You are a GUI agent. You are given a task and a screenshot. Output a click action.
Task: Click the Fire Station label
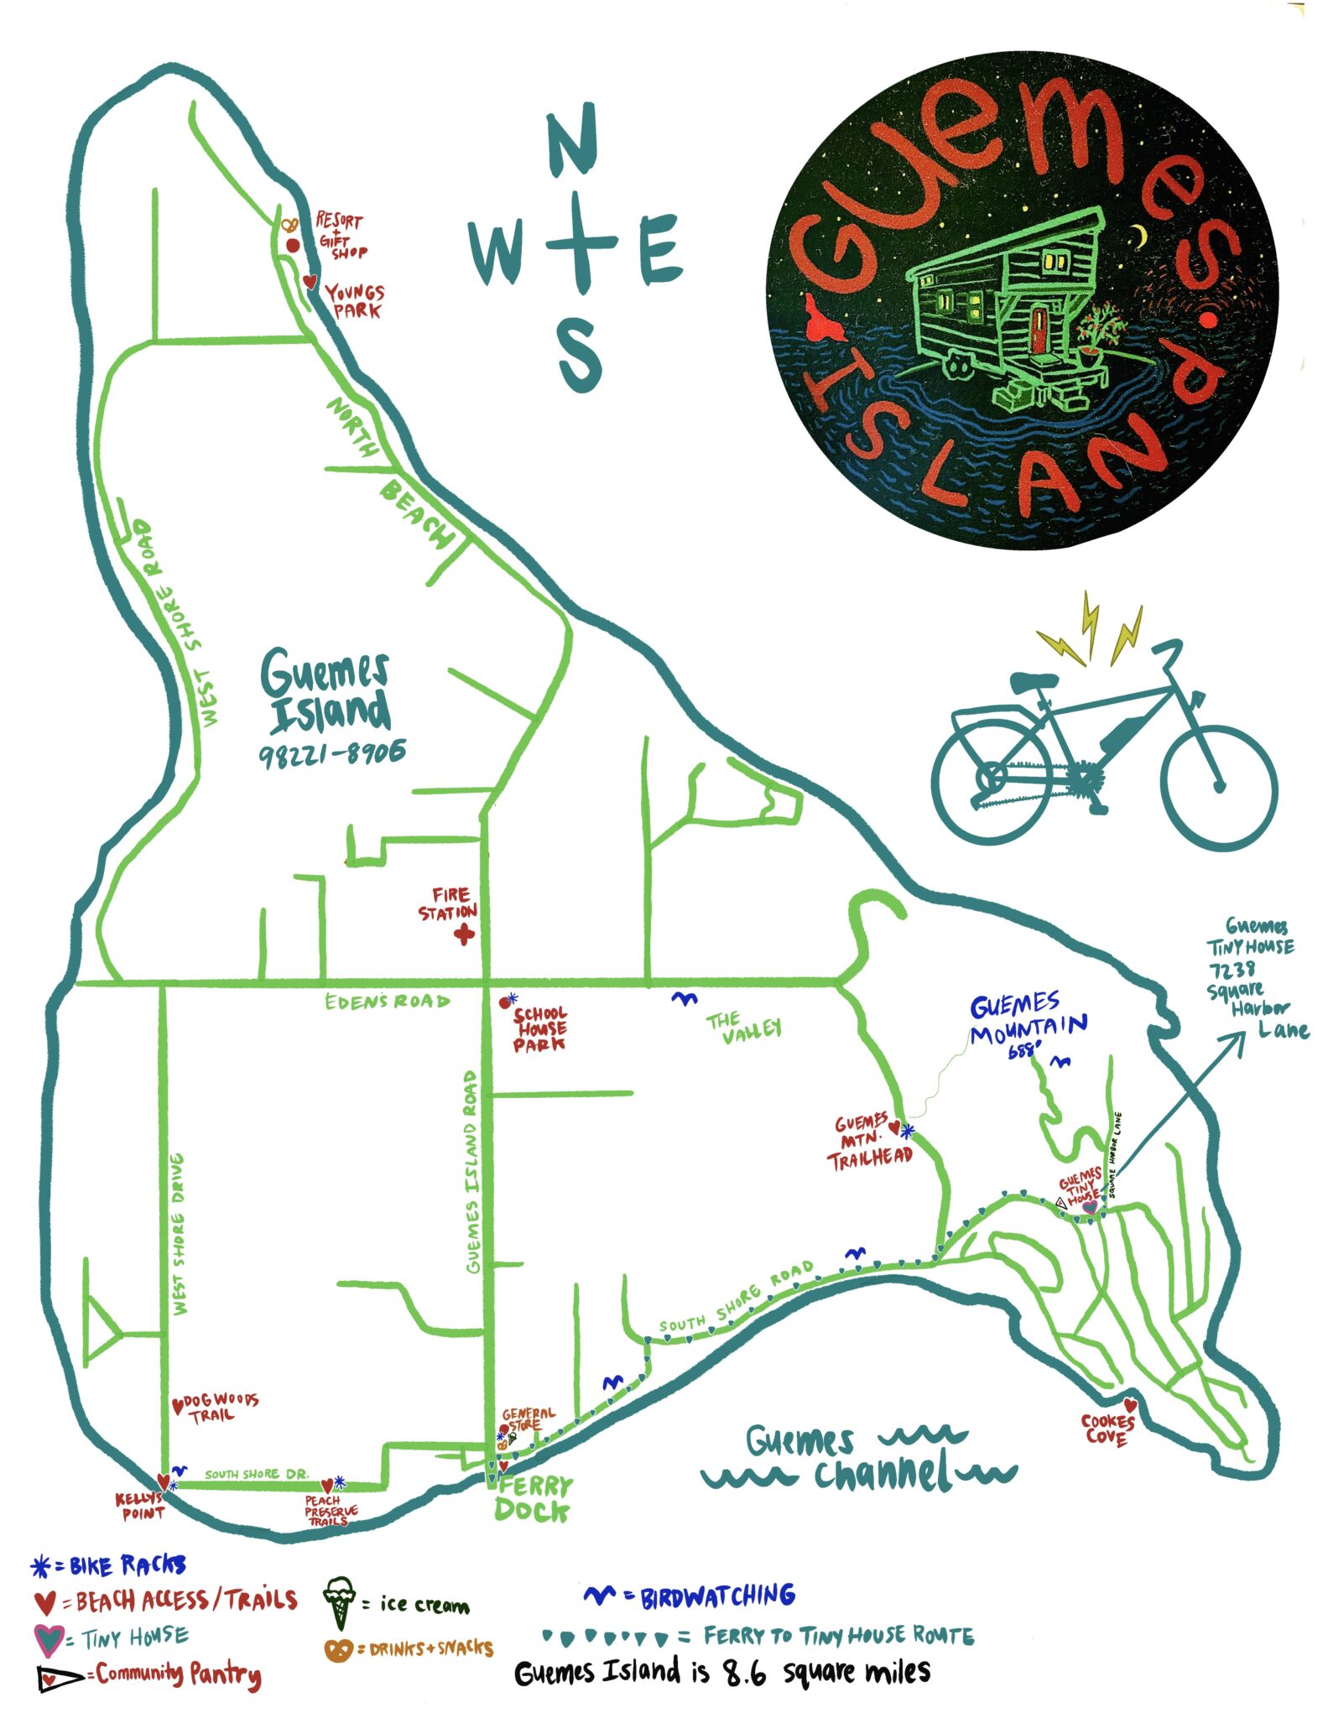(448, 903)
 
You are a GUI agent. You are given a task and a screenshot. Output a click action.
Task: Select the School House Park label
(539, 1028)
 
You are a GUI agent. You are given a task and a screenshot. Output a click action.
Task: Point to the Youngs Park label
(355, 300)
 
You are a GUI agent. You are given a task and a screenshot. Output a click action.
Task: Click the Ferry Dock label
(533, 1498)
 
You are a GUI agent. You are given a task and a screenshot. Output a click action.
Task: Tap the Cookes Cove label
(1107, 1429)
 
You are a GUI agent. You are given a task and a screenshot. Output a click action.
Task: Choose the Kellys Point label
(140, 1506)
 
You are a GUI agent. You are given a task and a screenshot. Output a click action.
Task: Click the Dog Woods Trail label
(216, 1408)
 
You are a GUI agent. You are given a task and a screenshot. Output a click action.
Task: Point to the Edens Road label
(387, 1001)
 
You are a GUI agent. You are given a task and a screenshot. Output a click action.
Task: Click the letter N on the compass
(572, 140)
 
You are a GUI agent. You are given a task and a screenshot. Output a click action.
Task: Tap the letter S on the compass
(580, 356)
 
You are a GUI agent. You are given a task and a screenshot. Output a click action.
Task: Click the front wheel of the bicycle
(1219, 786)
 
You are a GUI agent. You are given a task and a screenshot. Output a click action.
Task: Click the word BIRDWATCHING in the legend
(717, 1596)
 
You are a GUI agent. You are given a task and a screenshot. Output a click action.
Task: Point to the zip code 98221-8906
(332, 753)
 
